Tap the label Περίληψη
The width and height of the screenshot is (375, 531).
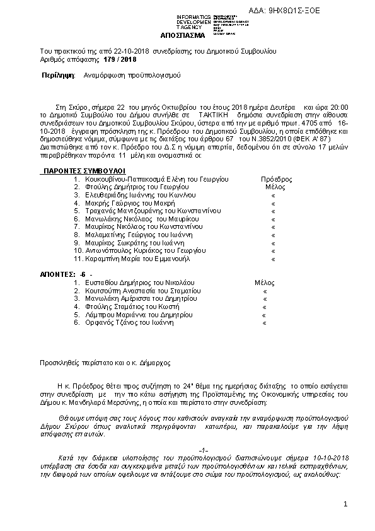pos(54,75)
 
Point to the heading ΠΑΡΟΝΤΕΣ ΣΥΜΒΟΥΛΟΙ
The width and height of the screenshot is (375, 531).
pos(83,171)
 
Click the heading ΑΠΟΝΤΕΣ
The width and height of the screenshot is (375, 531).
pos(55,274)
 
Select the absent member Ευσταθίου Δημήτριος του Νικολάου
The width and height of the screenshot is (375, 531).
pos(139,283)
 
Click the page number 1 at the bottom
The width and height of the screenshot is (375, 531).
pos(346,505)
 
